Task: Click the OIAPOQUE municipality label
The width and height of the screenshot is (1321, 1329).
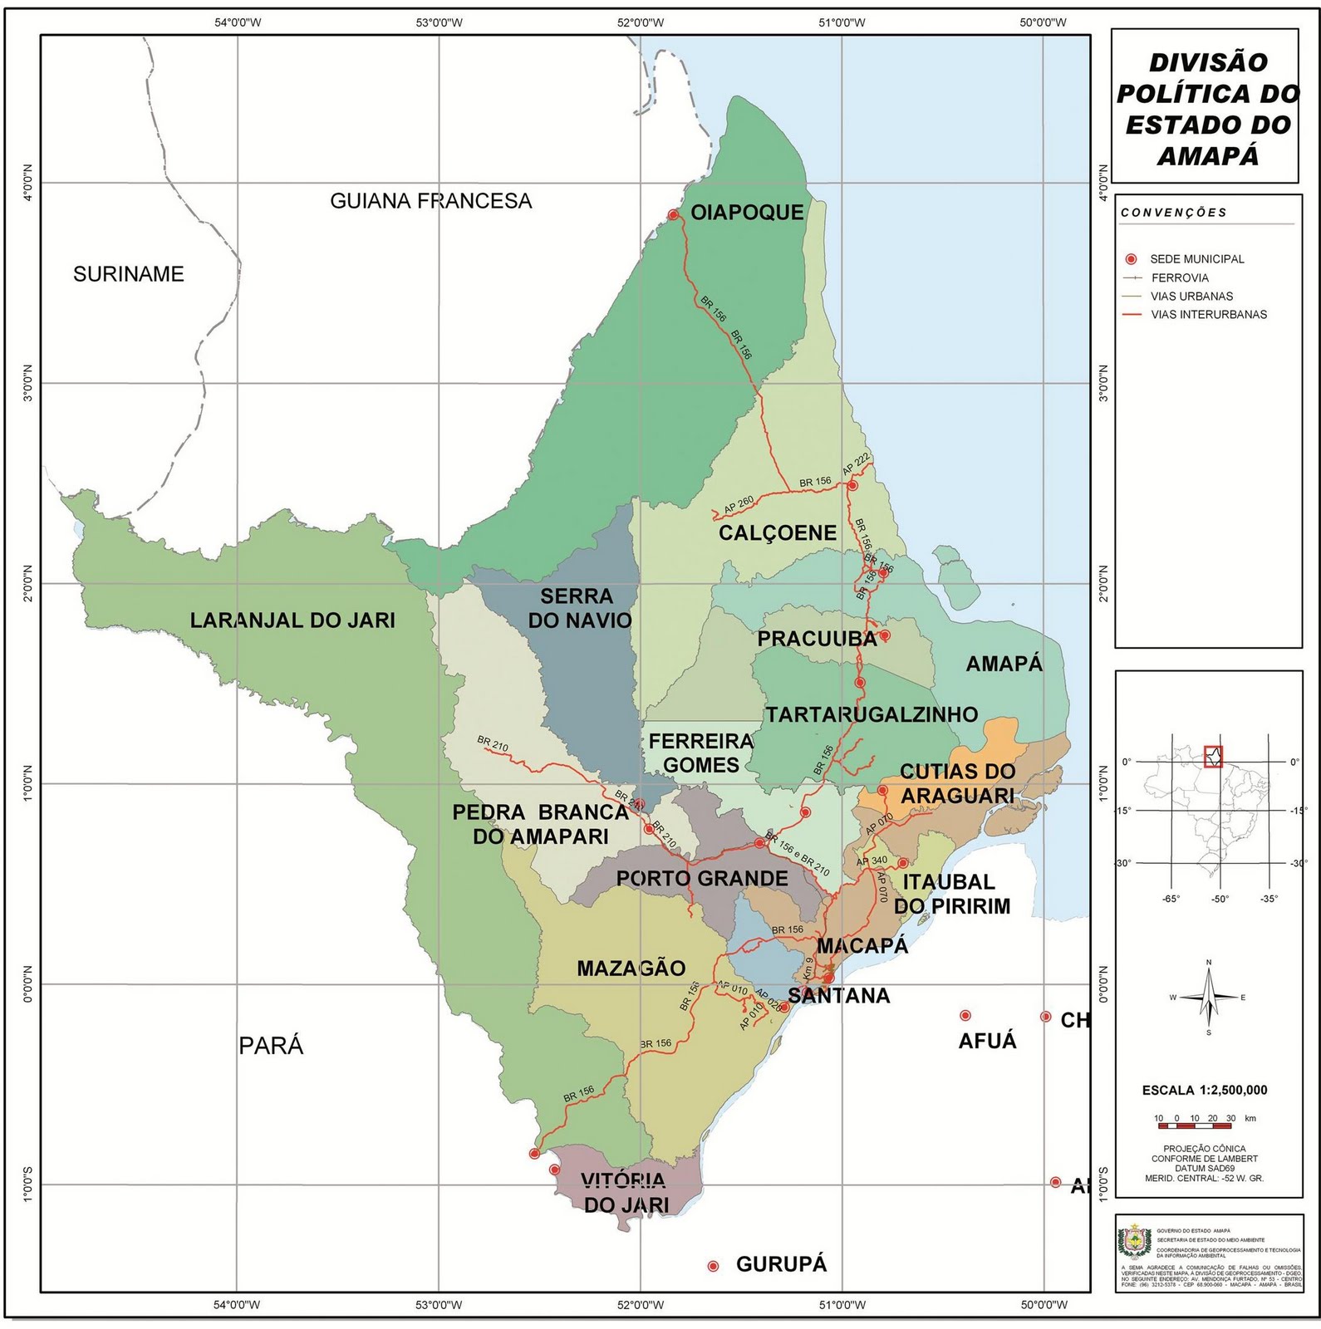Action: click(x=747, y=213)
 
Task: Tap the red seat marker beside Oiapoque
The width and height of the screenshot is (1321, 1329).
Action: click(x=673, y=215)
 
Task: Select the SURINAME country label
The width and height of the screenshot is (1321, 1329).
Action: click(x=128, y=274)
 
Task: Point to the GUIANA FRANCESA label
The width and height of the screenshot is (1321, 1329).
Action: click(x=430, y=201)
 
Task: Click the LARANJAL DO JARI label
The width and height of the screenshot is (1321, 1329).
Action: click(x=292, y=620)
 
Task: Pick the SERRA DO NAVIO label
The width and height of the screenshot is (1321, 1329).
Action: click(x=579, y=608)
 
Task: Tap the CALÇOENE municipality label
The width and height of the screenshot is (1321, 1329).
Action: click(x=777, y=533)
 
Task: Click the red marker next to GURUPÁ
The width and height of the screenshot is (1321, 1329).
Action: click(x=713, y=1266)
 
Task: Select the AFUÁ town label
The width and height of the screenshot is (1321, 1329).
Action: click(x=987, y=1041)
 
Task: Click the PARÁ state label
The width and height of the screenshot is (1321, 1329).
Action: click(x=271, y=1046)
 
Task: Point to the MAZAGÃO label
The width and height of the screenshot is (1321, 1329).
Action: click(x=631, y=969)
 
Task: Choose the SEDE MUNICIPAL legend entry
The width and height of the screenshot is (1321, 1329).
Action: click(x=1196, y=259)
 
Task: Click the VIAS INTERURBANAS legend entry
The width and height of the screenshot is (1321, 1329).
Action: click(x=1208, y=315)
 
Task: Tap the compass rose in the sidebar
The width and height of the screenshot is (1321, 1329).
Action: click(x=1209, y=997)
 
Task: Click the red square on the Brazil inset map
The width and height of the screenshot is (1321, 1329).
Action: click(x=1213, y=757)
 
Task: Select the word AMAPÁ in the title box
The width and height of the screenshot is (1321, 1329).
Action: click(x=1208, y=156)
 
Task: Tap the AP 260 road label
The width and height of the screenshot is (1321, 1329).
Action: click(x=738, y=504)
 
